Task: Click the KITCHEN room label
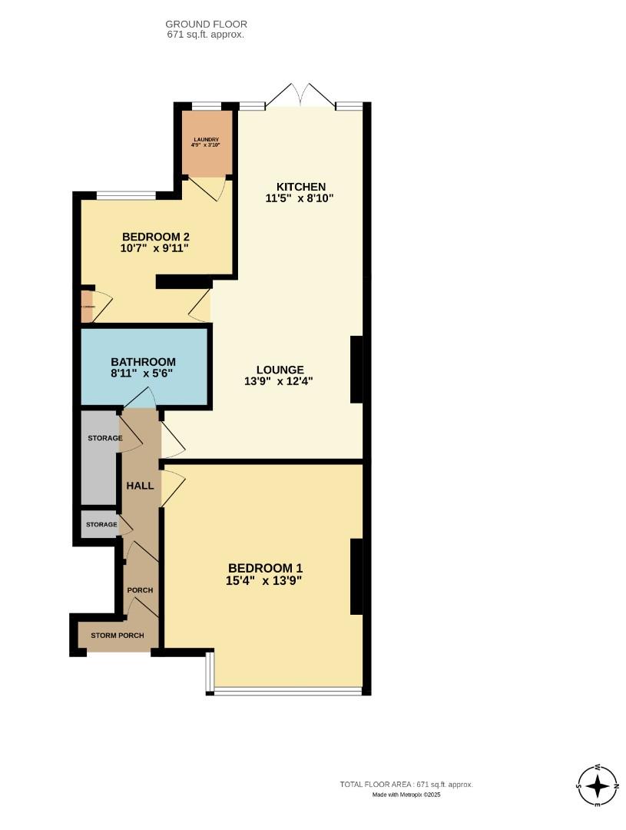(x=302, y=187)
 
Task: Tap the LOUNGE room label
(x=280, y=370)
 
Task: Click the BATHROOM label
(x=143, y=362)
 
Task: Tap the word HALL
(x=140, y=486)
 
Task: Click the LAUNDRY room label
(x=206, y=139)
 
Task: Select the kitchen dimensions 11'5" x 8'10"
(x=300, y=198)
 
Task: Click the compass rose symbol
(x=597, y=785)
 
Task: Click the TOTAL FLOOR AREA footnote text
(x=406, y=785)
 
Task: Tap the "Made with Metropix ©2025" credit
(x=406, y=795)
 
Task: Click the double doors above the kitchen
(x=302, y=95)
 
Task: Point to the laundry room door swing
(x=208, y=188)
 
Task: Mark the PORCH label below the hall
(x=140, y=590)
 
